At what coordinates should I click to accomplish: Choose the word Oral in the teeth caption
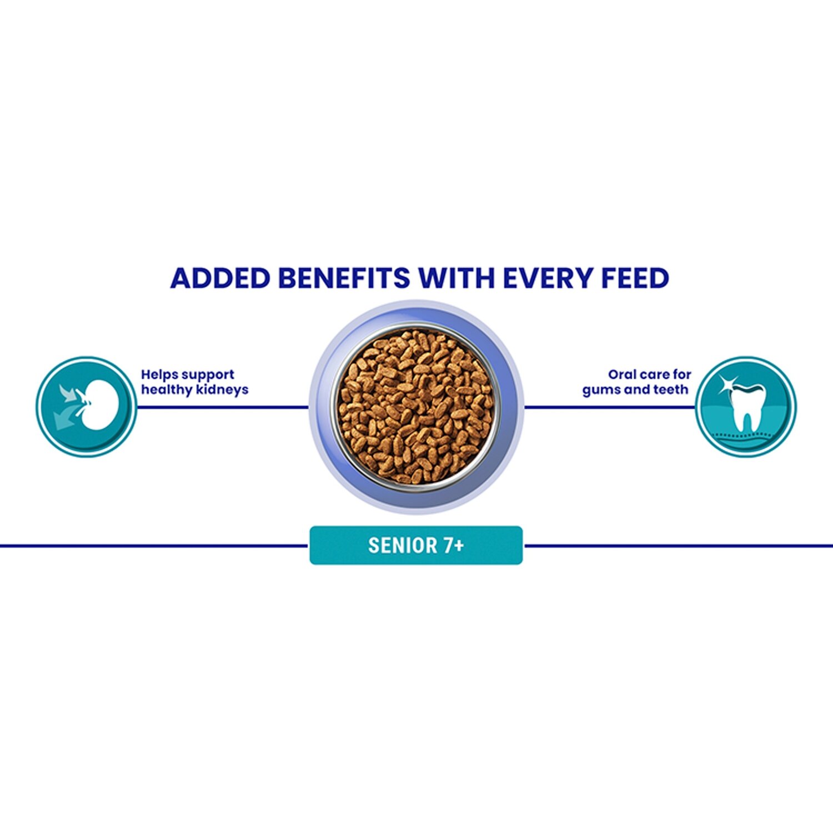pyautogui.click(x=621, y=374)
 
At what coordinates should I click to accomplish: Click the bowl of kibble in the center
pyautogui.click(x=416, y=407)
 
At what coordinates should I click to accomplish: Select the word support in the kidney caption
pyautogui.click(x=208, y=375)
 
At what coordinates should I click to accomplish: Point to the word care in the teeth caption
pyautogui.click(x=654, y=375)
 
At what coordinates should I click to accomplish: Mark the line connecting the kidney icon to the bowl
pyautogui.click(x=223, y=407)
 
